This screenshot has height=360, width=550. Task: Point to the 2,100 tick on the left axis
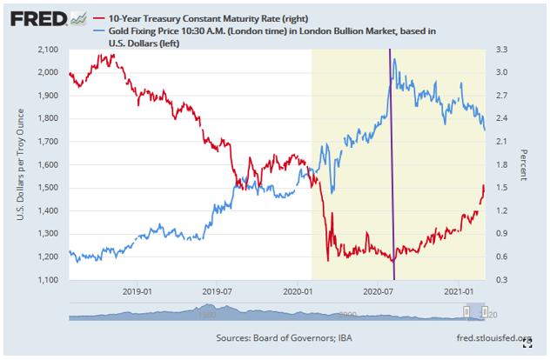pos(47,49)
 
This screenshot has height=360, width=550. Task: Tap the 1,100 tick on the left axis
pos(47,279)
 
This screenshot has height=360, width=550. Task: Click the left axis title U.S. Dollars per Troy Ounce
pos(19,165)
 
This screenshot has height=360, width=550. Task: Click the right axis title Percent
pos(525,164)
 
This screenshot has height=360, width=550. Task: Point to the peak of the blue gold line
pos(395,59)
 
